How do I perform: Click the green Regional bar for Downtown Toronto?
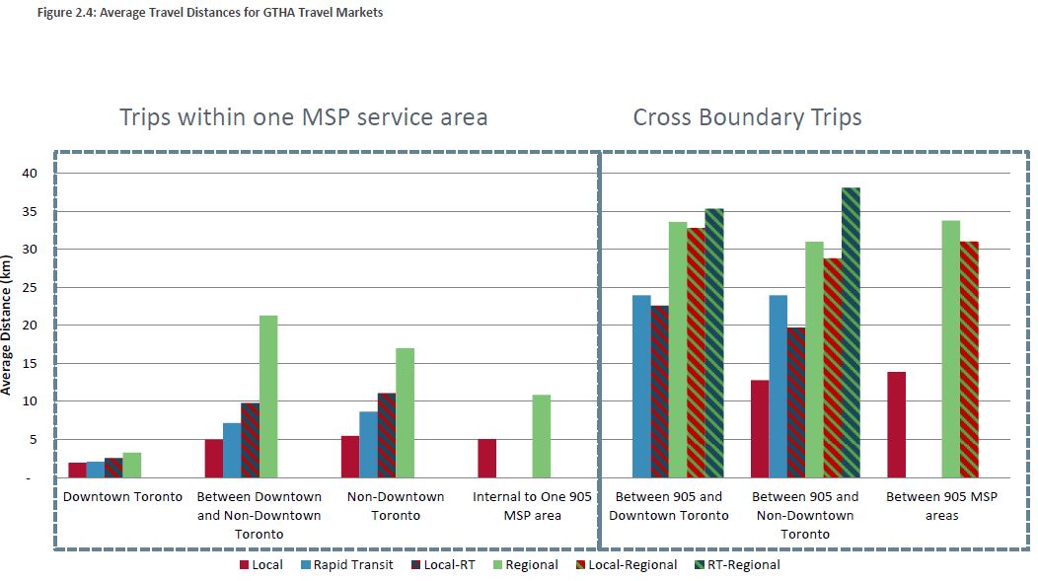[x=131, y=465]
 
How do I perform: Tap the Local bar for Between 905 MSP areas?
[x=896, y=424]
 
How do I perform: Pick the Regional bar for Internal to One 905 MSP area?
[x=541, y=436]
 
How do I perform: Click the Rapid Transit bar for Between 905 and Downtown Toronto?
[x=641, y=386]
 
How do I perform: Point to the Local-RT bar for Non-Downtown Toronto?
[x=386, y=435]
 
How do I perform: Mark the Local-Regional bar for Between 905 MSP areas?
[x=968, y=359]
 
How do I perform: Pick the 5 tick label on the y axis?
[x=33, y=439]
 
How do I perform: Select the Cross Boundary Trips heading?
[x=747, y=117]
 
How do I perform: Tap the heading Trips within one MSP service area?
[x=304, y=117]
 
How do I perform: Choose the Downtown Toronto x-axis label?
[x=122, y=496]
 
